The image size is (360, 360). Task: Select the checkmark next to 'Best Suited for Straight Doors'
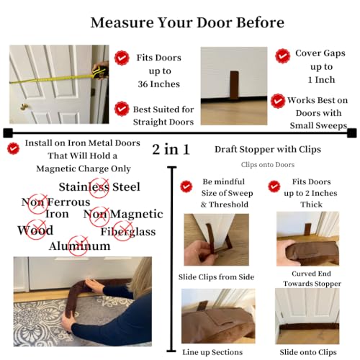pos(122,109)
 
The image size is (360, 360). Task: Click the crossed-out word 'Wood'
pos(35,230)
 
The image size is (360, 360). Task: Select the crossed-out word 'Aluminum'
pos(79,246)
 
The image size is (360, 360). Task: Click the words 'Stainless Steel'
pos(99,187)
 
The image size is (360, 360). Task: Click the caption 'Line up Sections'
pos(214,351)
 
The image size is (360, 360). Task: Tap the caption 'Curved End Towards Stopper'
pos(307,279)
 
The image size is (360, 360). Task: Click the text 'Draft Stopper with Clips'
pos(267,150)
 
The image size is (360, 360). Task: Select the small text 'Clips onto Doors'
pos(267,165)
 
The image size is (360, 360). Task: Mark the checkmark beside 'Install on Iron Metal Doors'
pos(12,148)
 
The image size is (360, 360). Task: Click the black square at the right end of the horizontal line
pos(351,132)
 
